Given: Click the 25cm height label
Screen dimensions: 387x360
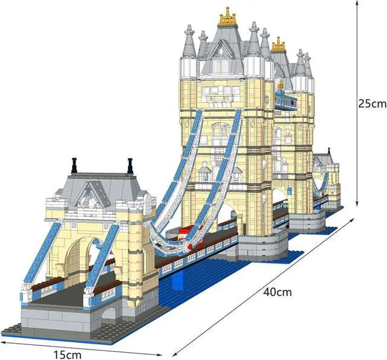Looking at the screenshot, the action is pos(371,103).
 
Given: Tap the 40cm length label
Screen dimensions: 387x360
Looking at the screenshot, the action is pos(278,292).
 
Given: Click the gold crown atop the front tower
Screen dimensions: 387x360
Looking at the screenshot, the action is pos(228,18).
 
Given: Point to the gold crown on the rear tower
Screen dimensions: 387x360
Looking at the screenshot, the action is pos(278,44).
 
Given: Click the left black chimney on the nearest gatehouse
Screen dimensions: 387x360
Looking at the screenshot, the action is pos(74,164).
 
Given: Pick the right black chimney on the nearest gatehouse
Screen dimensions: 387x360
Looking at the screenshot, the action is pos(129,165).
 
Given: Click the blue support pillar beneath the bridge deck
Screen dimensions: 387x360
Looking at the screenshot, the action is pos(180,279).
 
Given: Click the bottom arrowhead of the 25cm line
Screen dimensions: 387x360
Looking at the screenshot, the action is pos(358,205).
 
